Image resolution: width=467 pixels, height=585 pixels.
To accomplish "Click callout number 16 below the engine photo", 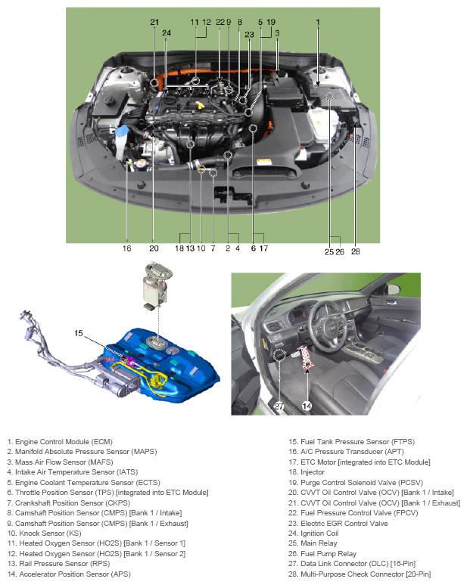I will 126,248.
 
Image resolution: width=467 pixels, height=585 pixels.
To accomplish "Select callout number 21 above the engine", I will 154,22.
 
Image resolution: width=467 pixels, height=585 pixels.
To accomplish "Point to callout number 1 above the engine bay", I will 318,22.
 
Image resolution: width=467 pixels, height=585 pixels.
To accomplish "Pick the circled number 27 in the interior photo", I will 279,406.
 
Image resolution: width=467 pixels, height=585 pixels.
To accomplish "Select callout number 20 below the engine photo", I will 154,248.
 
